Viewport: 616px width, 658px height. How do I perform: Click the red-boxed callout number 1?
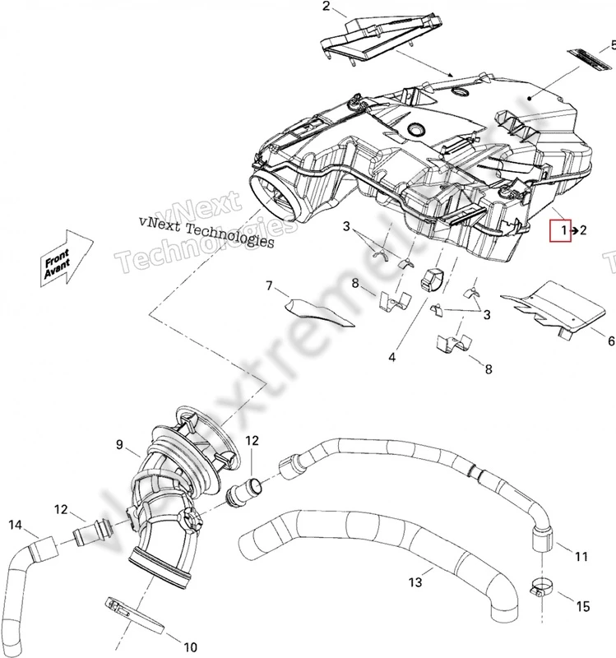(563, 231)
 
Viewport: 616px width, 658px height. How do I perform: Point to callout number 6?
(610, 341)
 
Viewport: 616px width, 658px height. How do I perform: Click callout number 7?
(268, 286)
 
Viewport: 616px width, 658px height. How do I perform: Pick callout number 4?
(392, 358)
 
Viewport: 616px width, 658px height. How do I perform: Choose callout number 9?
(120, 445)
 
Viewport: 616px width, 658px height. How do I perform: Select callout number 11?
(581, 557)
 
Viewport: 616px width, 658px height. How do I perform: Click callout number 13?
(415, 582)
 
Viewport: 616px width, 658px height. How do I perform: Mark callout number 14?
(15, 524)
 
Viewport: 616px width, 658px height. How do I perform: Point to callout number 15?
(582, 607)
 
